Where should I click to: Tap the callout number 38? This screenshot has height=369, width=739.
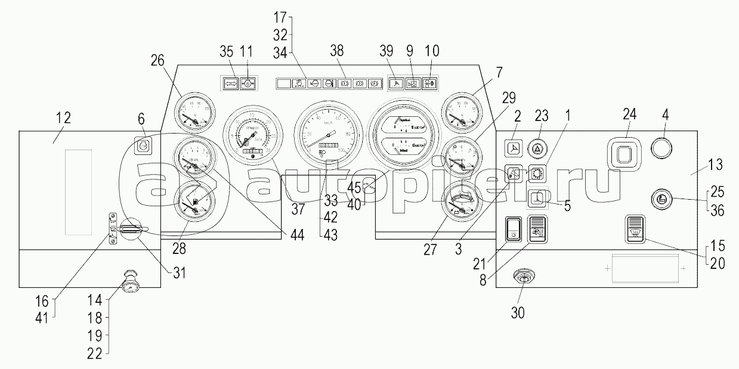point(337,52)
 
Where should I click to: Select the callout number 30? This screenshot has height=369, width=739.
point(518,312)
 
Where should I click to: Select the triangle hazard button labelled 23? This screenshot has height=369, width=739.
point(539,148)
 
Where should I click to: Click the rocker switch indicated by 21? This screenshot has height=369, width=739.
point(513,230)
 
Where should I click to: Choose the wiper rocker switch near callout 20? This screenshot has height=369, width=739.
point(635,229)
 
